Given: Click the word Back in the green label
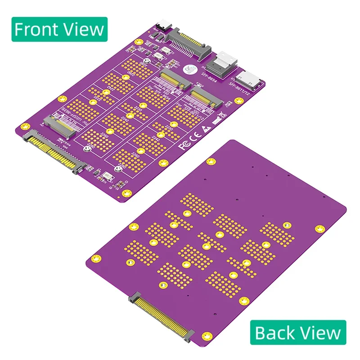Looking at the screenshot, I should coord(274,333).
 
